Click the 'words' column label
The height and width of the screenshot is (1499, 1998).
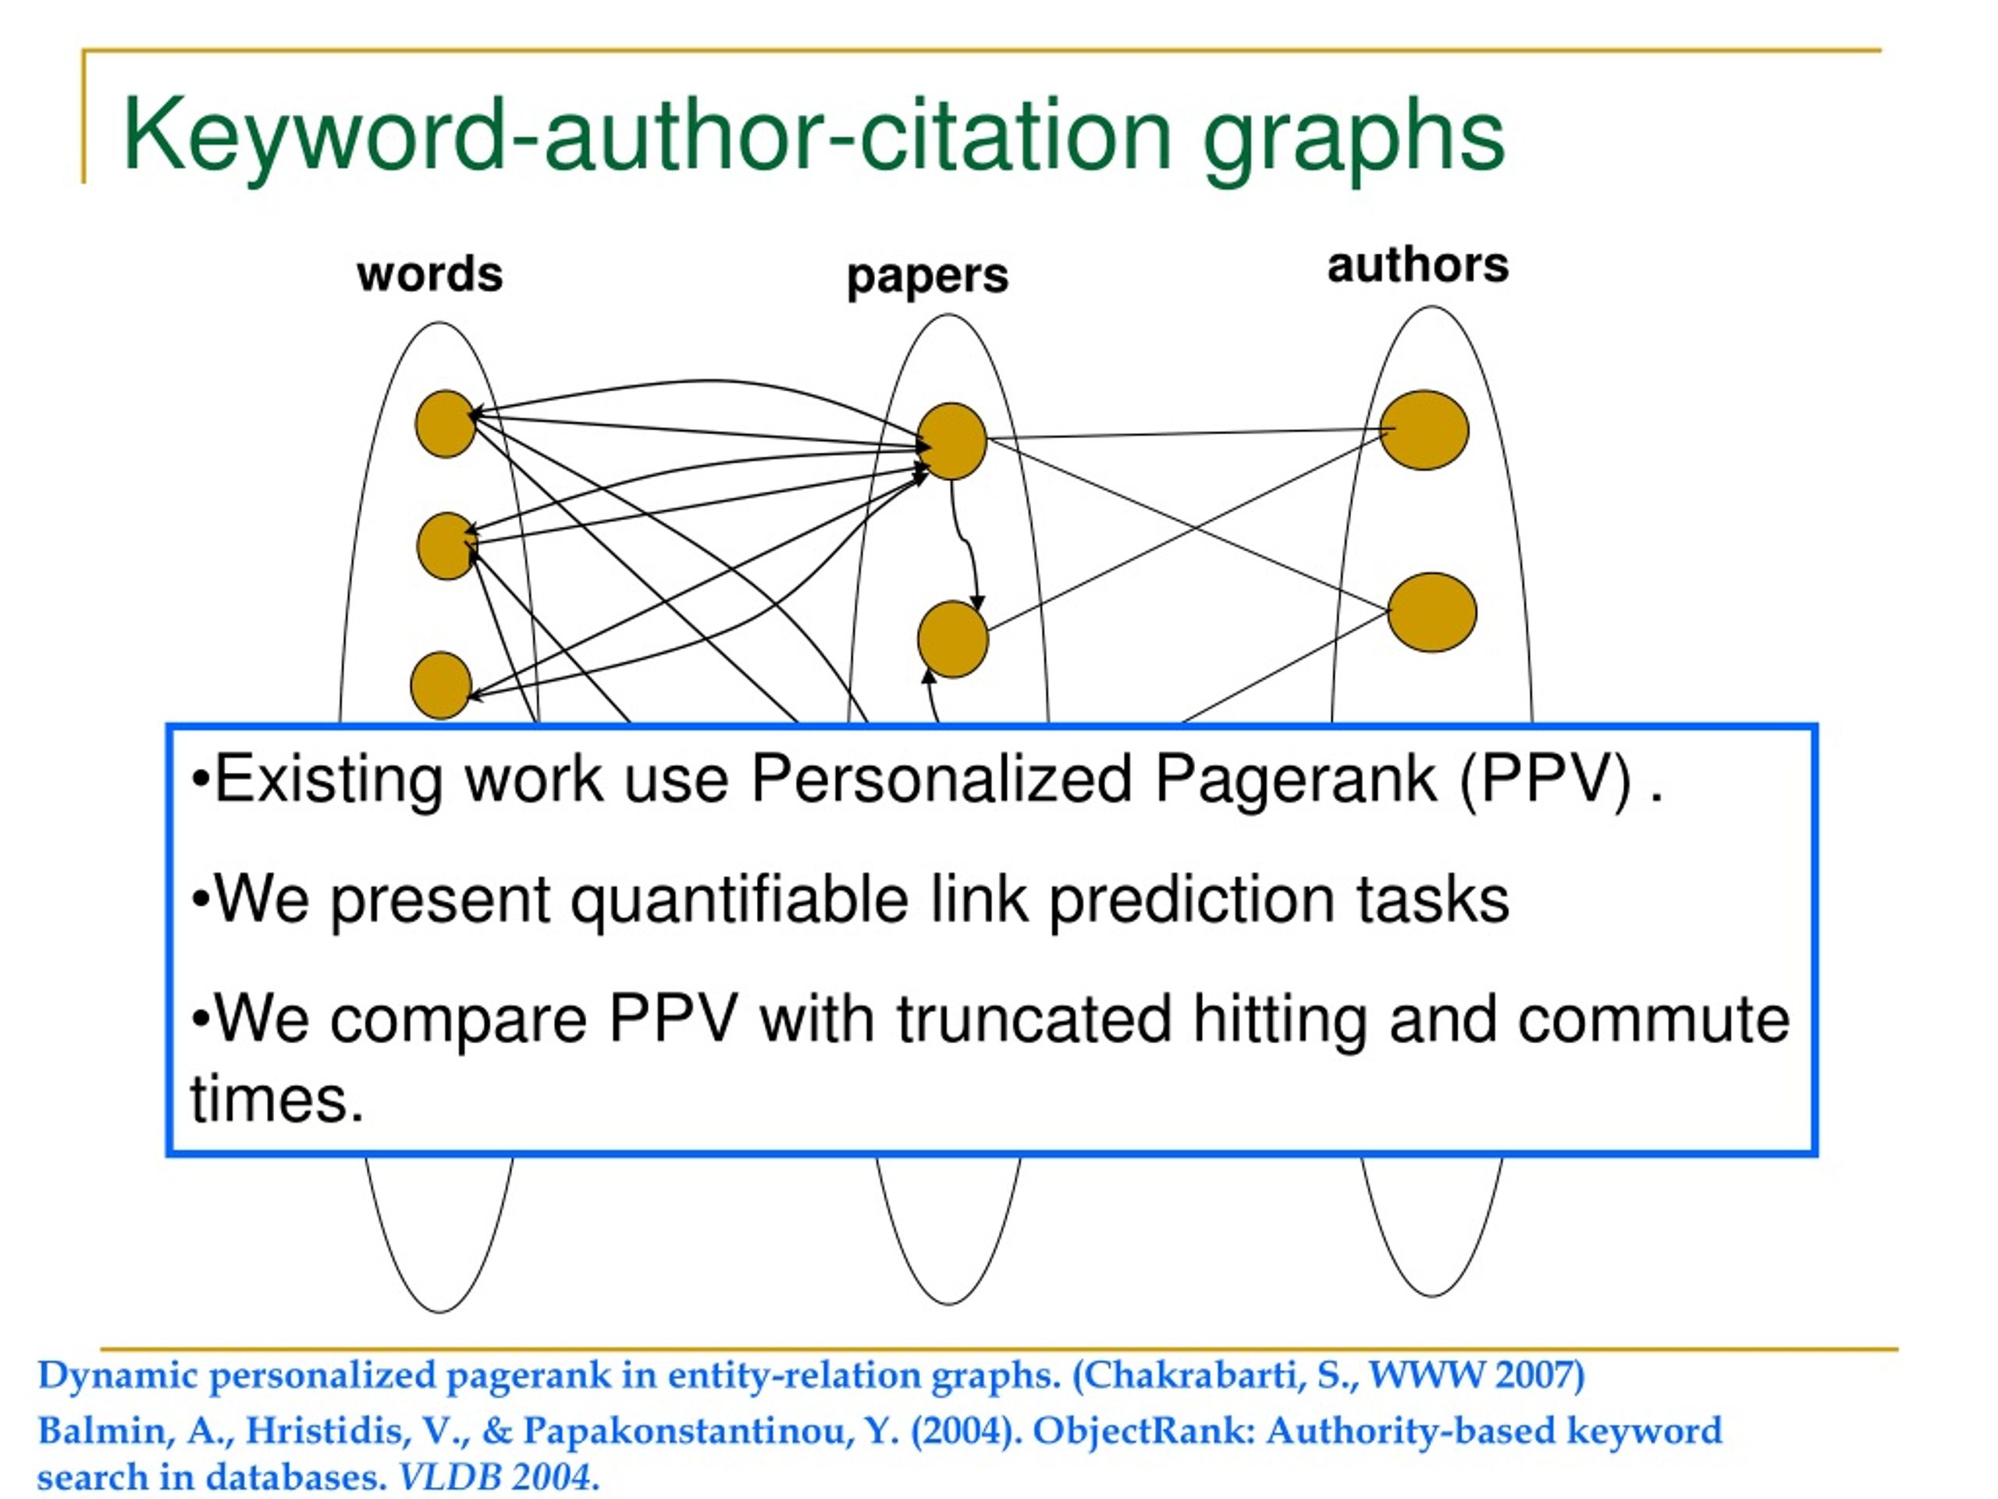click(430, 274)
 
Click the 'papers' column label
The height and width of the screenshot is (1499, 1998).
click(928, 276)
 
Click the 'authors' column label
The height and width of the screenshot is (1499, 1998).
click(1418, 265)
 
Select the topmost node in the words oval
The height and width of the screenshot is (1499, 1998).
click(446, 424)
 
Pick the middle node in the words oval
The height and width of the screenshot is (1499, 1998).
click(447, 546)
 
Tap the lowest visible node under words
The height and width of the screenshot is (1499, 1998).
click(441, 685)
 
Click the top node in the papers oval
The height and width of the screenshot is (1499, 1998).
click(952, 441)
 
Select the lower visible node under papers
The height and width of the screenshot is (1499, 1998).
click(953, 639)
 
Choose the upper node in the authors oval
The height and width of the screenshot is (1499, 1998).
click(1424, 430)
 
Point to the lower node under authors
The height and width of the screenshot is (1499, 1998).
click(1431, 613)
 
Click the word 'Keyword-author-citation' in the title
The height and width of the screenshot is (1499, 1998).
click(647, 136)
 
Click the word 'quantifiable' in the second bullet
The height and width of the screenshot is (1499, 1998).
click(740, 900)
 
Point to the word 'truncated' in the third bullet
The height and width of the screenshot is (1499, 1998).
click(1033, 1018)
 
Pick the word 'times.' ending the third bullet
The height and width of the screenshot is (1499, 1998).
click(276, 1098)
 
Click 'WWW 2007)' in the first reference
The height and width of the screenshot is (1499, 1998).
click(1477, 1375)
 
